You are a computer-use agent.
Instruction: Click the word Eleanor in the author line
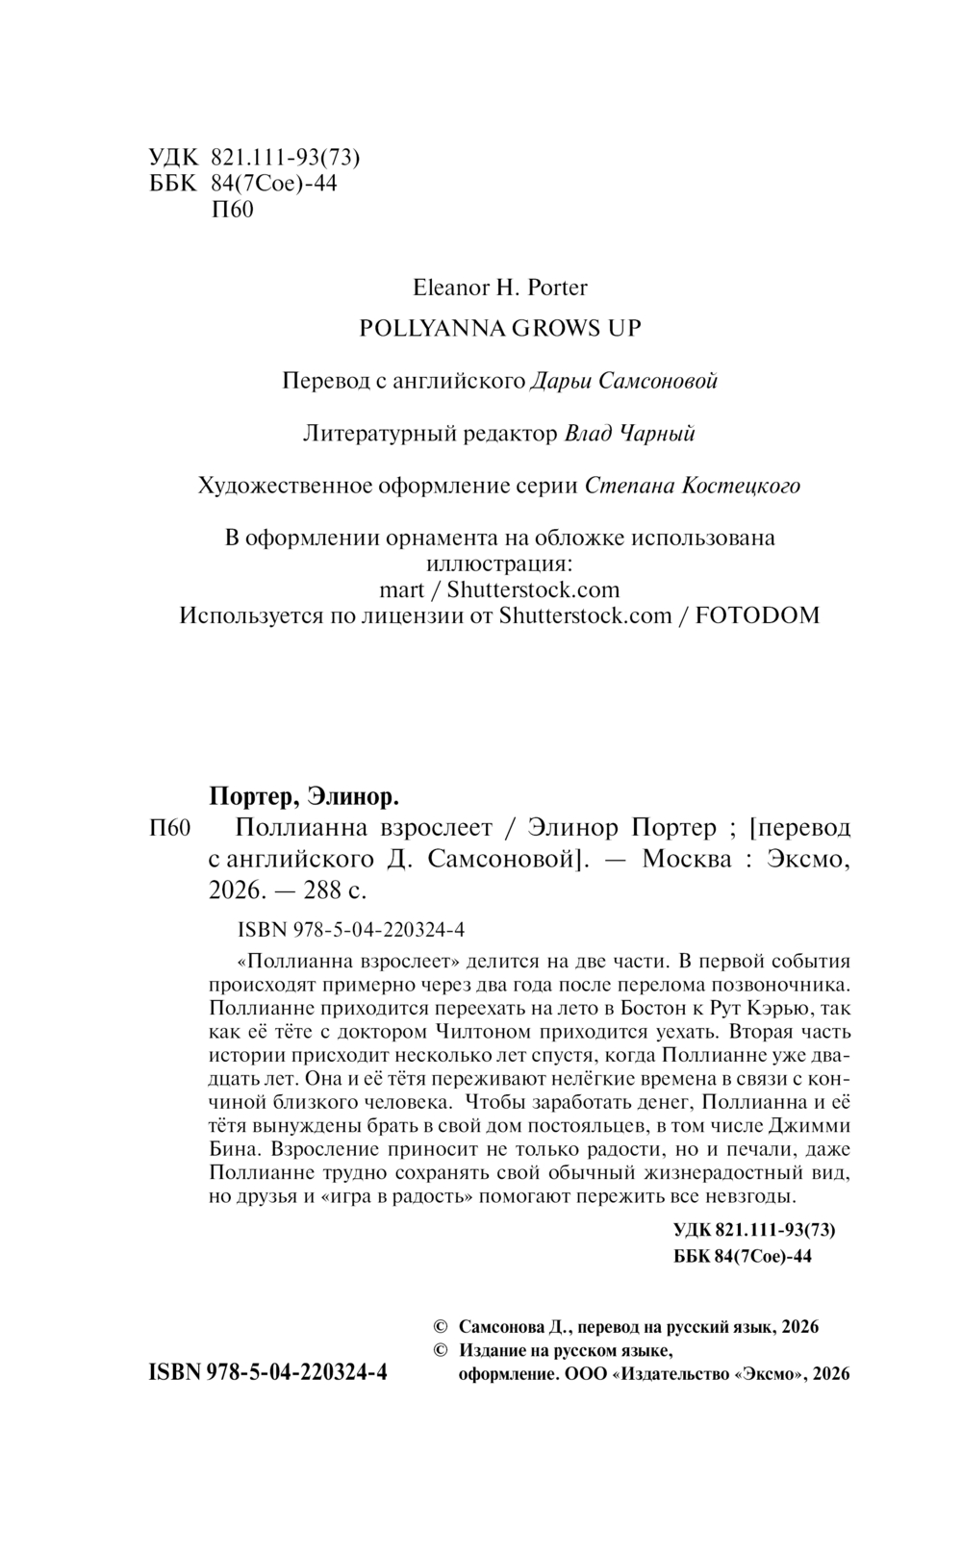click(445, 287)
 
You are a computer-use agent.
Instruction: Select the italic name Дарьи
click(560, 381)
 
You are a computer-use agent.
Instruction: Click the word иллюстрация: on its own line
click(499, 564)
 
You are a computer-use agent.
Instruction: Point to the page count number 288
click(322, 890)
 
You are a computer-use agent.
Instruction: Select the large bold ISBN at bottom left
click(267, 1372)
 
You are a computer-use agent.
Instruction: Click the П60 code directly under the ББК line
click(231, 210)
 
